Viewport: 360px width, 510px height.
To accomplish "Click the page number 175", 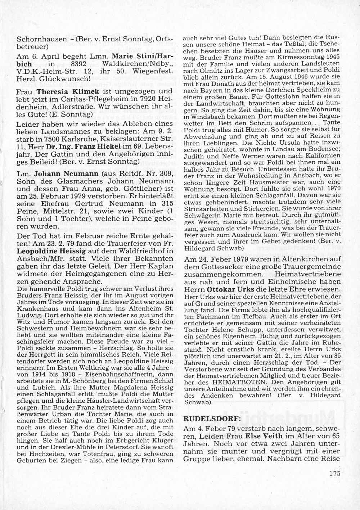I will click(334, 473).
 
